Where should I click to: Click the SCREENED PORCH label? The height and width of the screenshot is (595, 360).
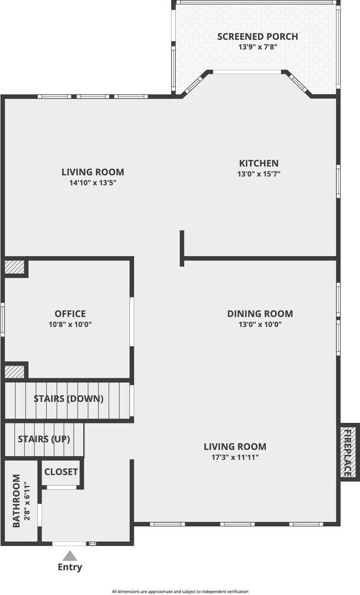[x=258, y=37]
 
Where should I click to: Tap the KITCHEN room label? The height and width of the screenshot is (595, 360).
[x=259, y=163]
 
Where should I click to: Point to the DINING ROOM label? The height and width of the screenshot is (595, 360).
[x=260, y=314]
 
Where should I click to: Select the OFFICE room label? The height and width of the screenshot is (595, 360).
[x=70, y=314]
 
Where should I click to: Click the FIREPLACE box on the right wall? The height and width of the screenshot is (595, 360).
[x=348, y=452]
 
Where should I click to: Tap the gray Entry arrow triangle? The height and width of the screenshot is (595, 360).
[x=70, y=555]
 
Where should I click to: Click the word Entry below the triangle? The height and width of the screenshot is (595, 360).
[x=70, y=568]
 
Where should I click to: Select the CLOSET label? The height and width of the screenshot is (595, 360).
[x=61, y=472]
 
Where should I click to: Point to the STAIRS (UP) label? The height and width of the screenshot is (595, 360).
[x=44, y=439]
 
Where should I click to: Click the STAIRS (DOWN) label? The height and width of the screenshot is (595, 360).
[x=69, y=399]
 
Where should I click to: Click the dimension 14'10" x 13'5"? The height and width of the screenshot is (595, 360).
[x=93, y=183]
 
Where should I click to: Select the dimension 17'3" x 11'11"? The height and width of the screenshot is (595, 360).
[x=235, y=457]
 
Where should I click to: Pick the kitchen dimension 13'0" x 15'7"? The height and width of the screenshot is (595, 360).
[x=259, y=174]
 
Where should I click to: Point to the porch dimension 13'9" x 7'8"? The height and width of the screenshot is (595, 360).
[x=258, y=47]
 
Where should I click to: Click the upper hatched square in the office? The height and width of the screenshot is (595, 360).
[x=15, y=267]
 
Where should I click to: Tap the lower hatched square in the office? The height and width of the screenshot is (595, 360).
[x=15, y=372]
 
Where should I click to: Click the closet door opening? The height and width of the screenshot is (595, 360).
[x=61, y=487]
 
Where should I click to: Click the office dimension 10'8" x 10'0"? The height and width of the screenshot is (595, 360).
[x=70, y=324]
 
